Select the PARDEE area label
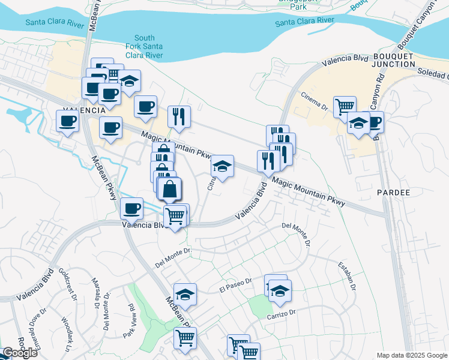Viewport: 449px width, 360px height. [393, 193]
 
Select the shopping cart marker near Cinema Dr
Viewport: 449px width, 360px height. [345, 106]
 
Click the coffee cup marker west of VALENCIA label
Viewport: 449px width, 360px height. [67, 121]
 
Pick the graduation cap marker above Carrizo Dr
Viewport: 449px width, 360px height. [280, 290]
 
